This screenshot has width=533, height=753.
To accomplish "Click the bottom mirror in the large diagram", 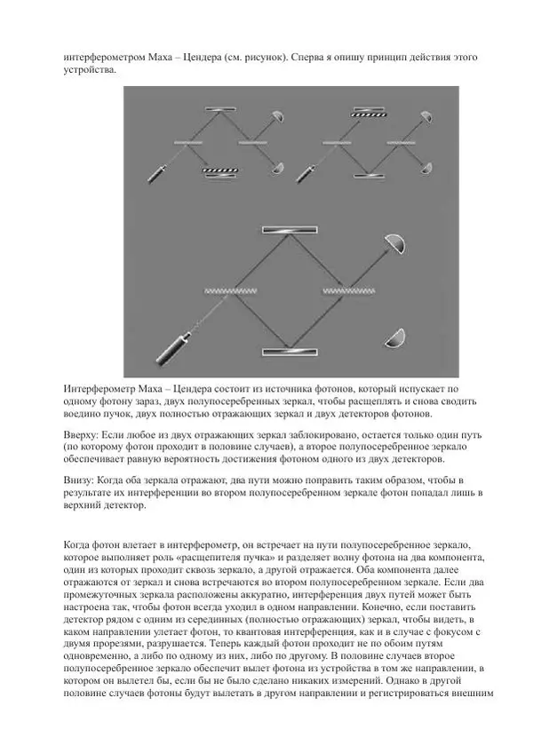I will coord(290,352).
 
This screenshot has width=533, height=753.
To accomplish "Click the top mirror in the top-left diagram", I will coord(219,109).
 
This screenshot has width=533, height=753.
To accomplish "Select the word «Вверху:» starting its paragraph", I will coord(84,435).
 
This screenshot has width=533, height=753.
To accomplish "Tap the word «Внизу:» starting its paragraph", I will coord(81,481).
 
